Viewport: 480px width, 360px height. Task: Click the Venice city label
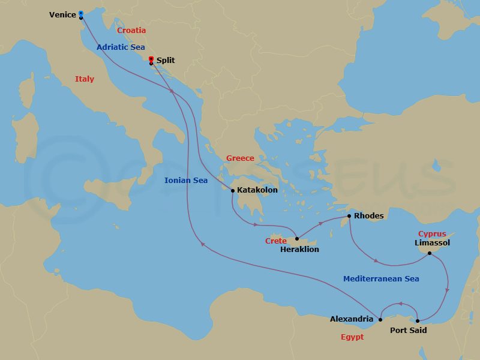click(62, 14)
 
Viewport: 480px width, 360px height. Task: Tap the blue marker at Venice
click(81, 13)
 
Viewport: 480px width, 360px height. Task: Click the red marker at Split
click(151, 59)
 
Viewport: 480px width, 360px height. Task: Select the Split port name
click(166, 61)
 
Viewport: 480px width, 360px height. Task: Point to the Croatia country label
click(131, 30)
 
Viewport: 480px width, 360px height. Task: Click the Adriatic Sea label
click(121, 47)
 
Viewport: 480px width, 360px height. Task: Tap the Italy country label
click(85, 79)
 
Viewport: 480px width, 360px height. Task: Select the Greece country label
click(240, 158)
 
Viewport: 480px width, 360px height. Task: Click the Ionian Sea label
click(186, 180)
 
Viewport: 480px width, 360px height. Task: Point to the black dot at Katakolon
click(233, 191)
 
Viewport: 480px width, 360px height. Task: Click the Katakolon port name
click(257, 190)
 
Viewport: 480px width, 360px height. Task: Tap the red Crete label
click(275, 241)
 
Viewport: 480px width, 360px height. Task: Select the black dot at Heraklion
click(296, 239)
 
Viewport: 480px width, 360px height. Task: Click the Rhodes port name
click(368, 216)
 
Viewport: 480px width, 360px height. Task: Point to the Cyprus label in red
click(432, 233)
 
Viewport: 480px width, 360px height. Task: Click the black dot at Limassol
click(430, 253)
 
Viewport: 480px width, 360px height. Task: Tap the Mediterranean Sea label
click(381, 278)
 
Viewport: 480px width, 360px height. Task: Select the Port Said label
click(409, 330)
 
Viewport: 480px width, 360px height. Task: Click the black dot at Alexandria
click(380, 319)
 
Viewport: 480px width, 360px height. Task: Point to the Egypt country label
click(352, 337)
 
